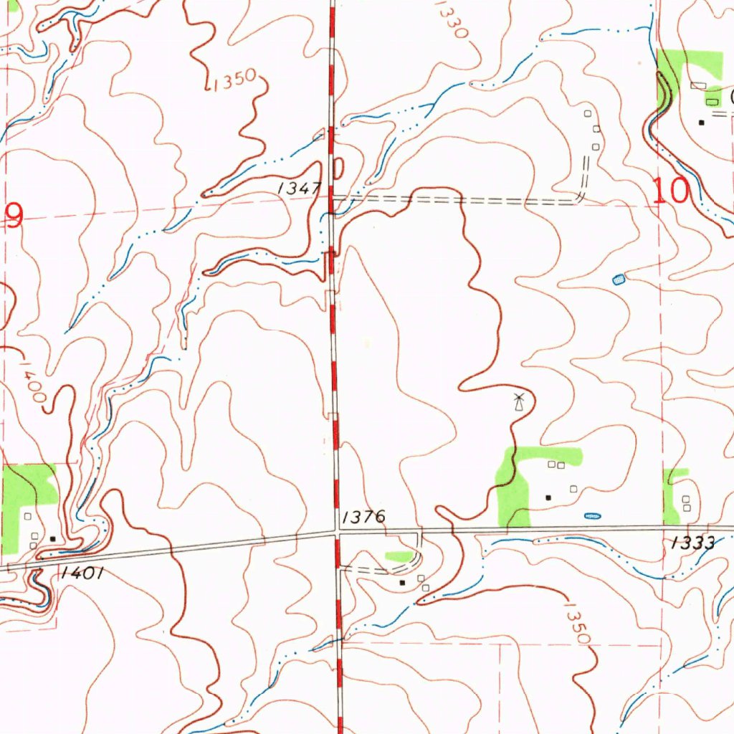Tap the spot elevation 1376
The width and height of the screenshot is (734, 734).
pos(363,516)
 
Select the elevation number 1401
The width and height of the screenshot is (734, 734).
pos(83,572)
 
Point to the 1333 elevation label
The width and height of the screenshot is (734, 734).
pos(693,543)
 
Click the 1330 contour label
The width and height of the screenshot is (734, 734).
pos(451,21)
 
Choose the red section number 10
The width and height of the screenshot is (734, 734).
pos(671,191)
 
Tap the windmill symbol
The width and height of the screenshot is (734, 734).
pos(519,401)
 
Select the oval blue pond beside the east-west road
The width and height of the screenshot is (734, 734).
pos(592,515)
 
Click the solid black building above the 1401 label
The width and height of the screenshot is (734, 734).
pos(52,538)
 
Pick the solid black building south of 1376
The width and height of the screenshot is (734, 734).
pos(402,583)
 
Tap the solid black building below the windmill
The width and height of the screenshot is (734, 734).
pos(548,497)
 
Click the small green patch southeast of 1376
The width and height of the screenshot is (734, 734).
pos(399,556)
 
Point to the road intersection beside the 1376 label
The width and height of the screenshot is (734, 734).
pos(337,532)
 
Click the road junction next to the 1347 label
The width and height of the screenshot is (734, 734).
pos(331,195)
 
